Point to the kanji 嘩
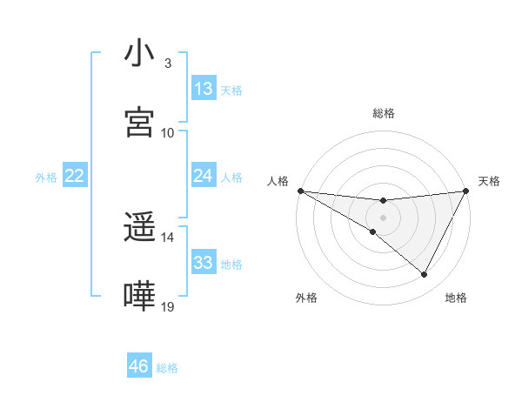tap(140, 296)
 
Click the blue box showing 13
tap(204, 89)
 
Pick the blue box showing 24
tap(204, 176)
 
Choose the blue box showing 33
tap(204, 263)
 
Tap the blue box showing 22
tap(75, 176)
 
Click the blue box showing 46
tap(139, 366)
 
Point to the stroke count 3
tap(168, 64)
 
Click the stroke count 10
tap(168, 132)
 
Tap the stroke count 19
tap(168, 306)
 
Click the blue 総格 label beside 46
tap(167, 368)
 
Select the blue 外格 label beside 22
tap(46, 178)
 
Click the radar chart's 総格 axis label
tap(383, 113)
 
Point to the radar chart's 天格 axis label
tap(489, 181)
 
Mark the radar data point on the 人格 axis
tap(300, 190)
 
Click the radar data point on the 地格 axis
tap(425, 275)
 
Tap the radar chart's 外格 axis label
tap(307, 298)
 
